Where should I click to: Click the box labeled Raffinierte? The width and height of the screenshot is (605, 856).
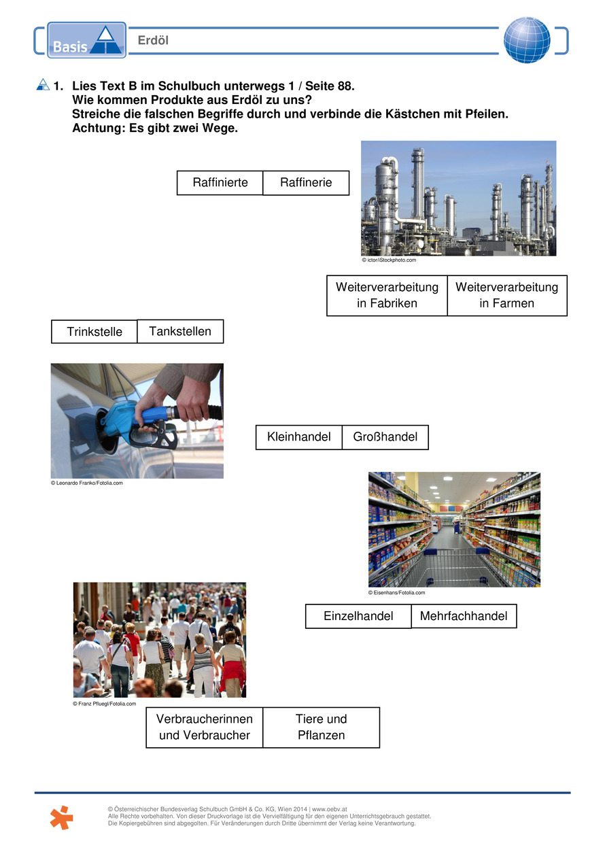(x=220, y=183)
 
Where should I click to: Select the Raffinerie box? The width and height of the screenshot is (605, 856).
(x=306, y=183)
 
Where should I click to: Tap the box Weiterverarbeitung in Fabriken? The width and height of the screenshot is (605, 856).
(x=387, y=295)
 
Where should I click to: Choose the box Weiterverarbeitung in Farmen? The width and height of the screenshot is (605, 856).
(x=506, y=295)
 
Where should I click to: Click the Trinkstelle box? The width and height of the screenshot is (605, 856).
(x=94, y=332)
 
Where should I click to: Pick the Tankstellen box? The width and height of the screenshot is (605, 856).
(x=180, y=331)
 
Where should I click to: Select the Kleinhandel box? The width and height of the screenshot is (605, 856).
(x=298, y=436)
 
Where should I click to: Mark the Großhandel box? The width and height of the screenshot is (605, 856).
(x=385, y=436)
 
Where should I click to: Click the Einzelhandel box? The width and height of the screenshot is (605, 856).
(x=358, y=616)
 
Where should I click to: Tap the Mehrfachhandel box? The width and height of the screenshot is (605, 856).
(x=464, y=616)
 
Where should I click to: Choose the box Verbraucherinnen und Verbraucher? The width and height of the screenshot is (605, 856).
(x=205, y=727)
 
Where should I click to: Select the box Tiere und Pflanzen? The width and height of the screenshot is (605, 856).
(x=321, y=727)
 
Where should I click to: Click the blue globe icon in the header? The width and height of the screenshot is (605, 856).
(x=527, y=40)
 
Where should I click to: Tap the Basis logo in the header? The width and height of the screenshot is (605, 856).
(x=86, y=40)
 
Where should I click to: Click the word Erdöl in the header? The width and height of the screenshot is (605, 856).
(x=153, y=41)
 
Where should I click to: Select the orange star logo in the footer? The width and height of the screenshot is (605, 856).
(x=61, y=817)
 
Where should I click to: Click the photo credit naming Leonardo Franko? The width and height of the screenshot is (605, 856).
(x=87, y=483)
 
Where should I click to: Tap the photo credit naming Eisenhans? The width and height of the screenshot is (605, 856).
(x=397, y=593)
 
